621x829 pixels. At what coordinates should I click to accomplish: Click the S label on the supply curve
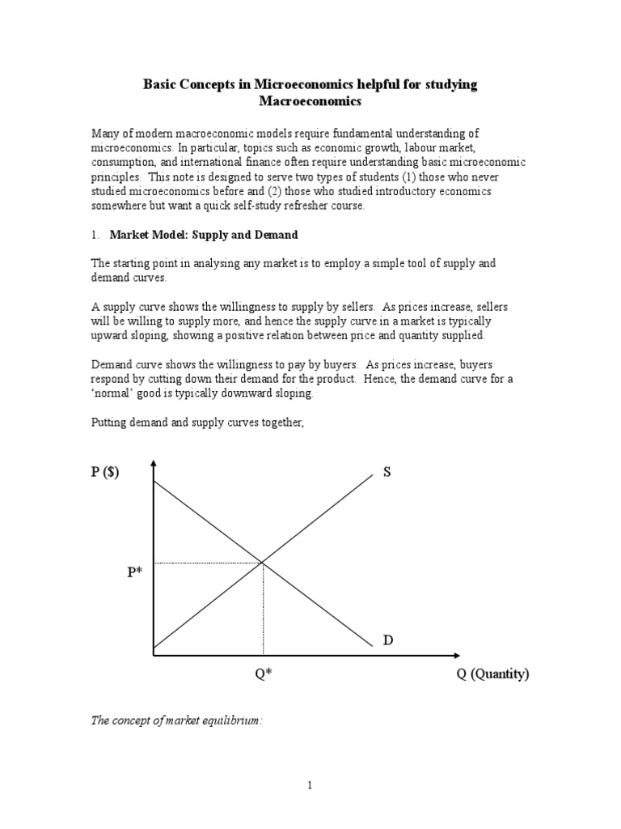[x=387, y=472]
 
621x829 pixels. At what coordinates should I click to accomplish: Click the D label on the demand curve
[x=387, y=640]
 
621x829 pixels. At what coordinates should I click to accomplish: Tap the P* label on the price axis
[x=133, y=573]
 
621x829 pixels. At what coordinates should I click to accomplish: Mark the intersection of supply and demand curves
[x=262, y=562]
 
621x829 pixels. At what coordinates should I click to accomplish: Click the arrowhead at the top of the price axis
[x=153, y=462]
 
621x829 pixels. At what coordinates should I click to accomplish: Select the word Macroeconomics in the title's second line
[x=310, y=102]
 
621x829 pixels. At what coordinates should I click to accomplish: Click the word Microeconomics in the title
[x=312, y=83]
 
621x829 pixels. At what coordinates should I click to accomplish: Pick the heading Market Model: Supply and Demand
[x=204, y=235]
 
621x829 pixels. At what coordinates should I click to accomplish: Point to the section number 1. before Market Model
[x=95, y=235]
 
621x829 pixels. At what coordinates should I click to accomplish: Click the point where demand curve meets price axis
[x=153, y=483]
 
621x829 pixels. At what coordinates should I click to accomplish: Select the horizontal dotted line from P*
[x=207, y=562]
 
